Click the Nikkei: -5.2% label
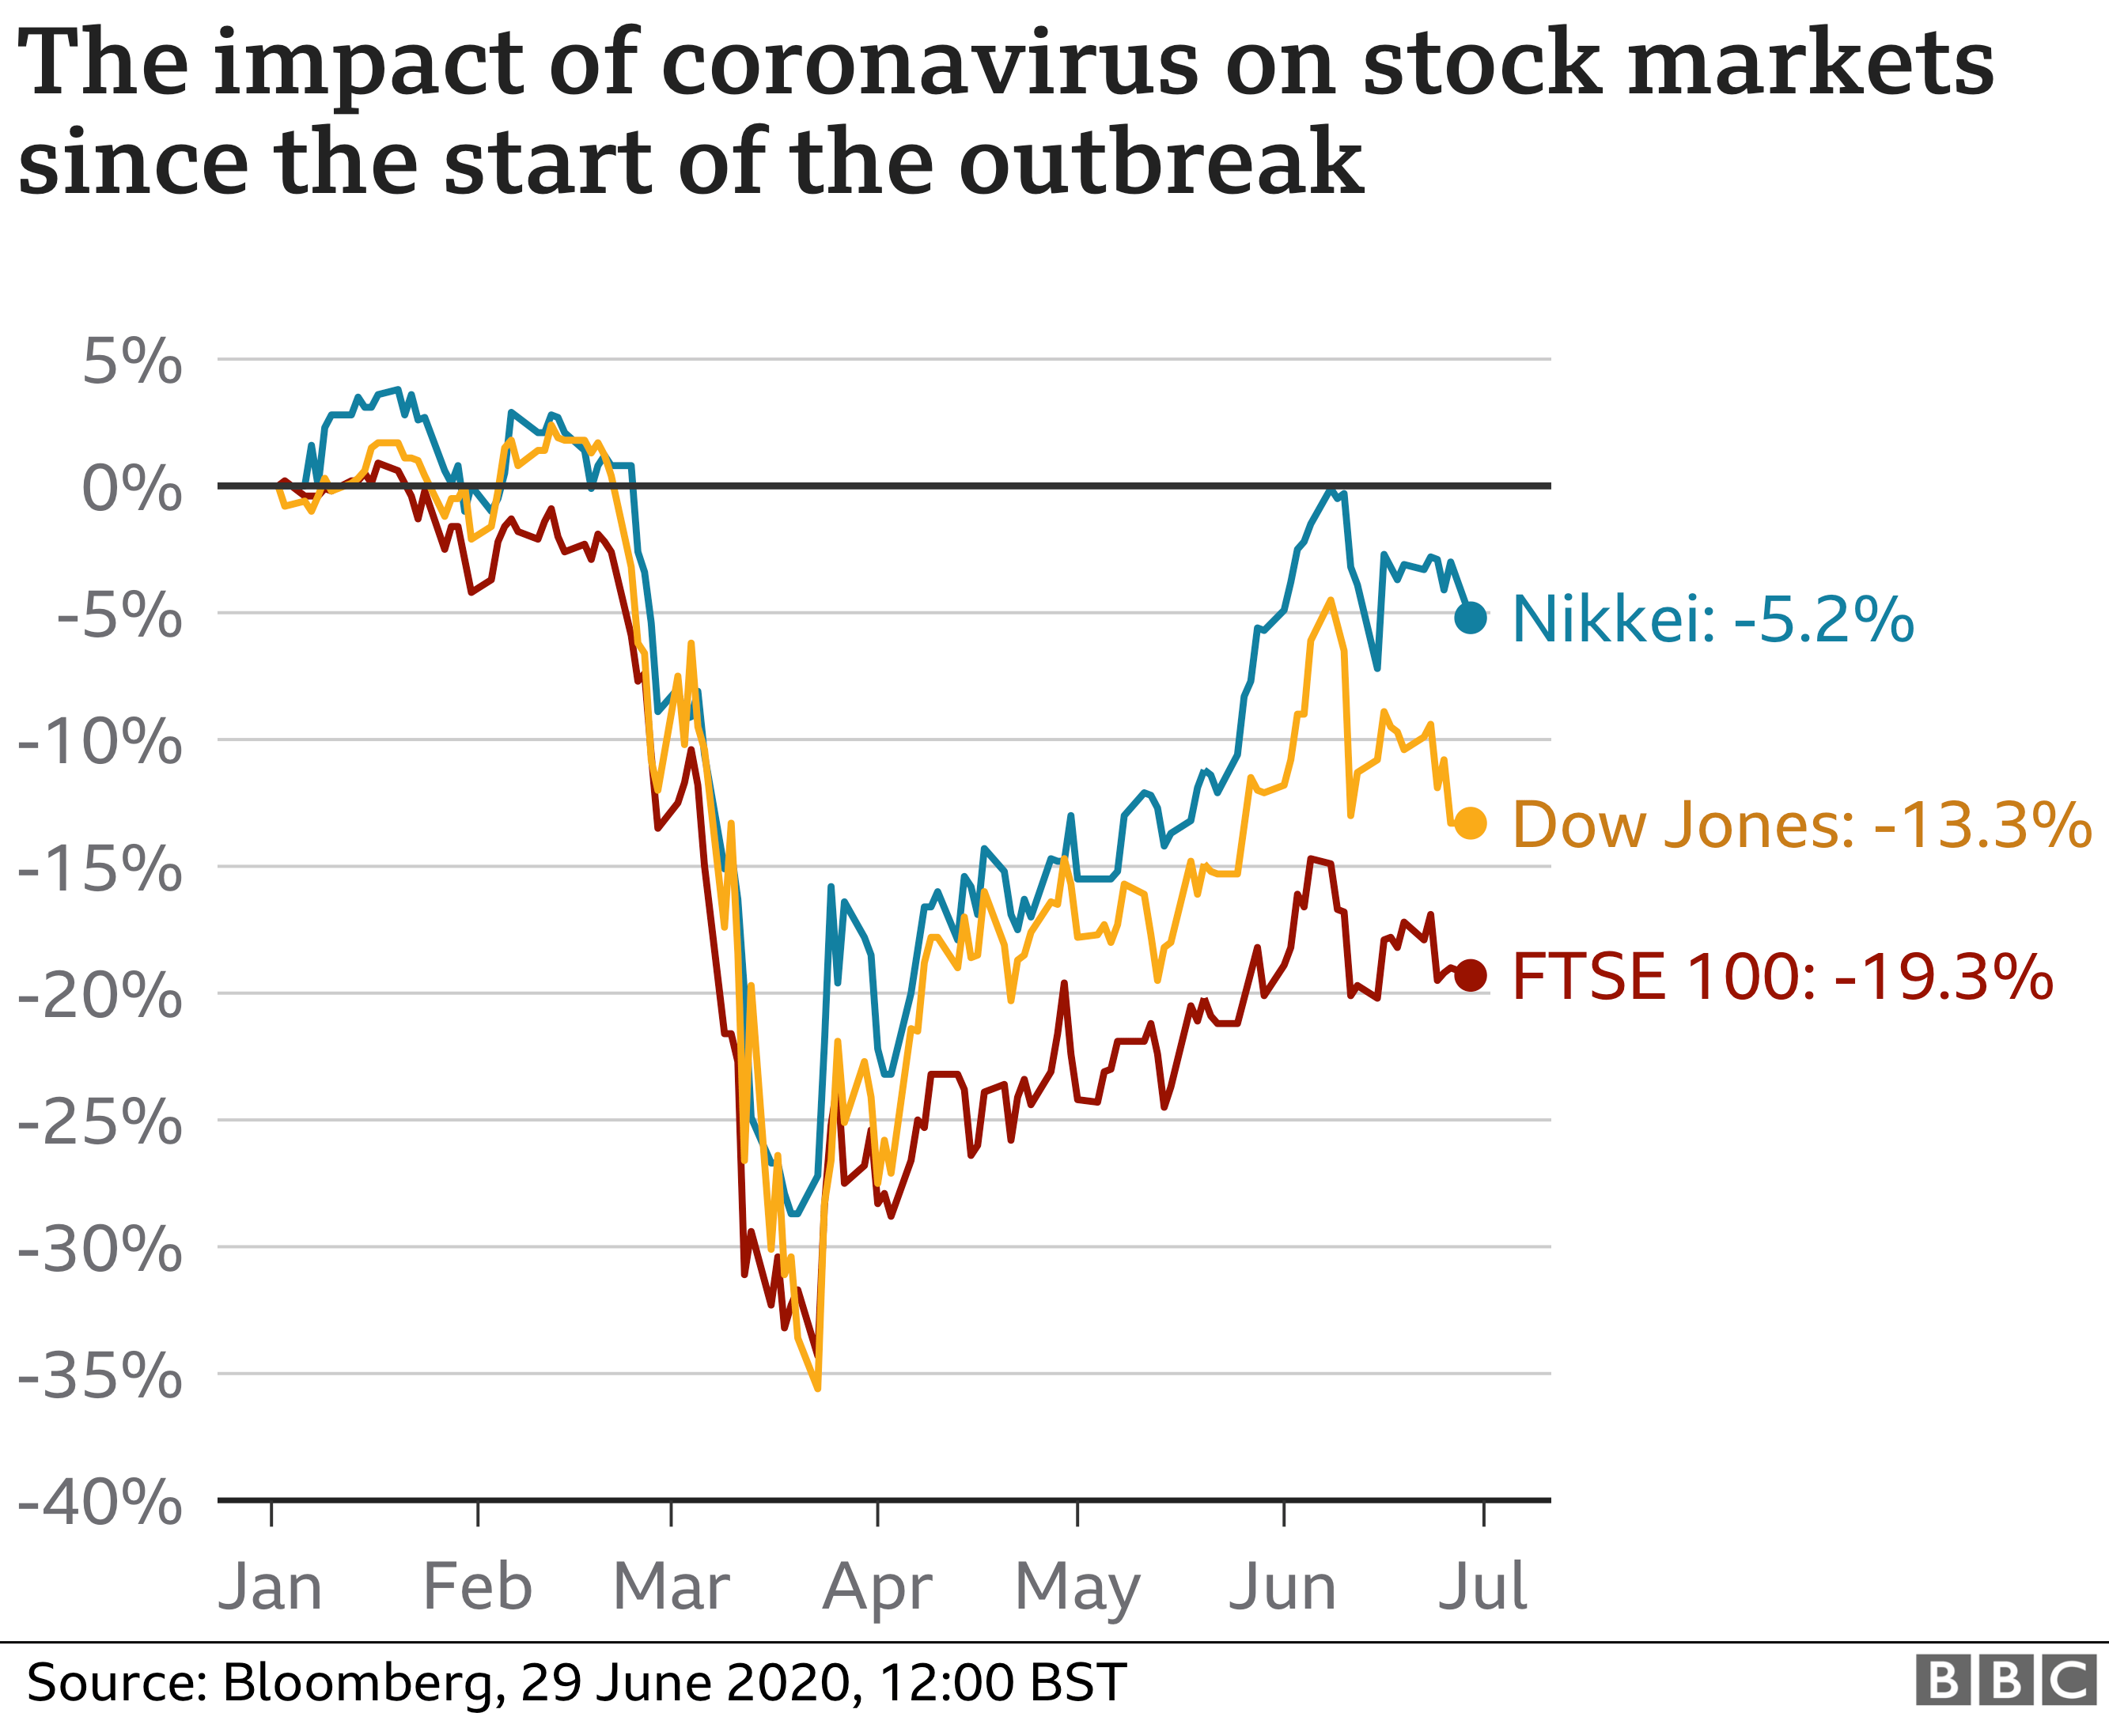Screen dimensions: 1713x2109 (x=1712, y=620)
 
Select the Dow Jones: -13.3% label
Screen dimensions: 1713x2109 (x=1801, y=824)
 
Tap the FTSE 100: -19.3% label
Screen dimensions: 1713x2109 (x=1781, y=977)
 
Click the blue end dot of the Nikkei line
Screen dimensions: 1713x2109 (x=1471, y=618)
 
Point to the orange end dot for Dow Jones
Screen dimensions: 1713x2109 (x=1471, y=823)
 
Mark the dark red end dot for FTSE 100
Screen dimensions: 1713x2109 (x=1471, y=976)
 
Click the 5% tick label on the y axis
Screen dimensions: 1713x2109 (x=132, y=362)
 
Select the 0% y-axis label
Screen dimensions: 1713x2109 (x=132, y=489)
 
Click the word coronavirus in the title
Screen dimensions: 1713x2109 (x=928, y=64)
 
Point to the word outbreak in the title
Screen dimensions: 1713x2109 (x=1161, y=161)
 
